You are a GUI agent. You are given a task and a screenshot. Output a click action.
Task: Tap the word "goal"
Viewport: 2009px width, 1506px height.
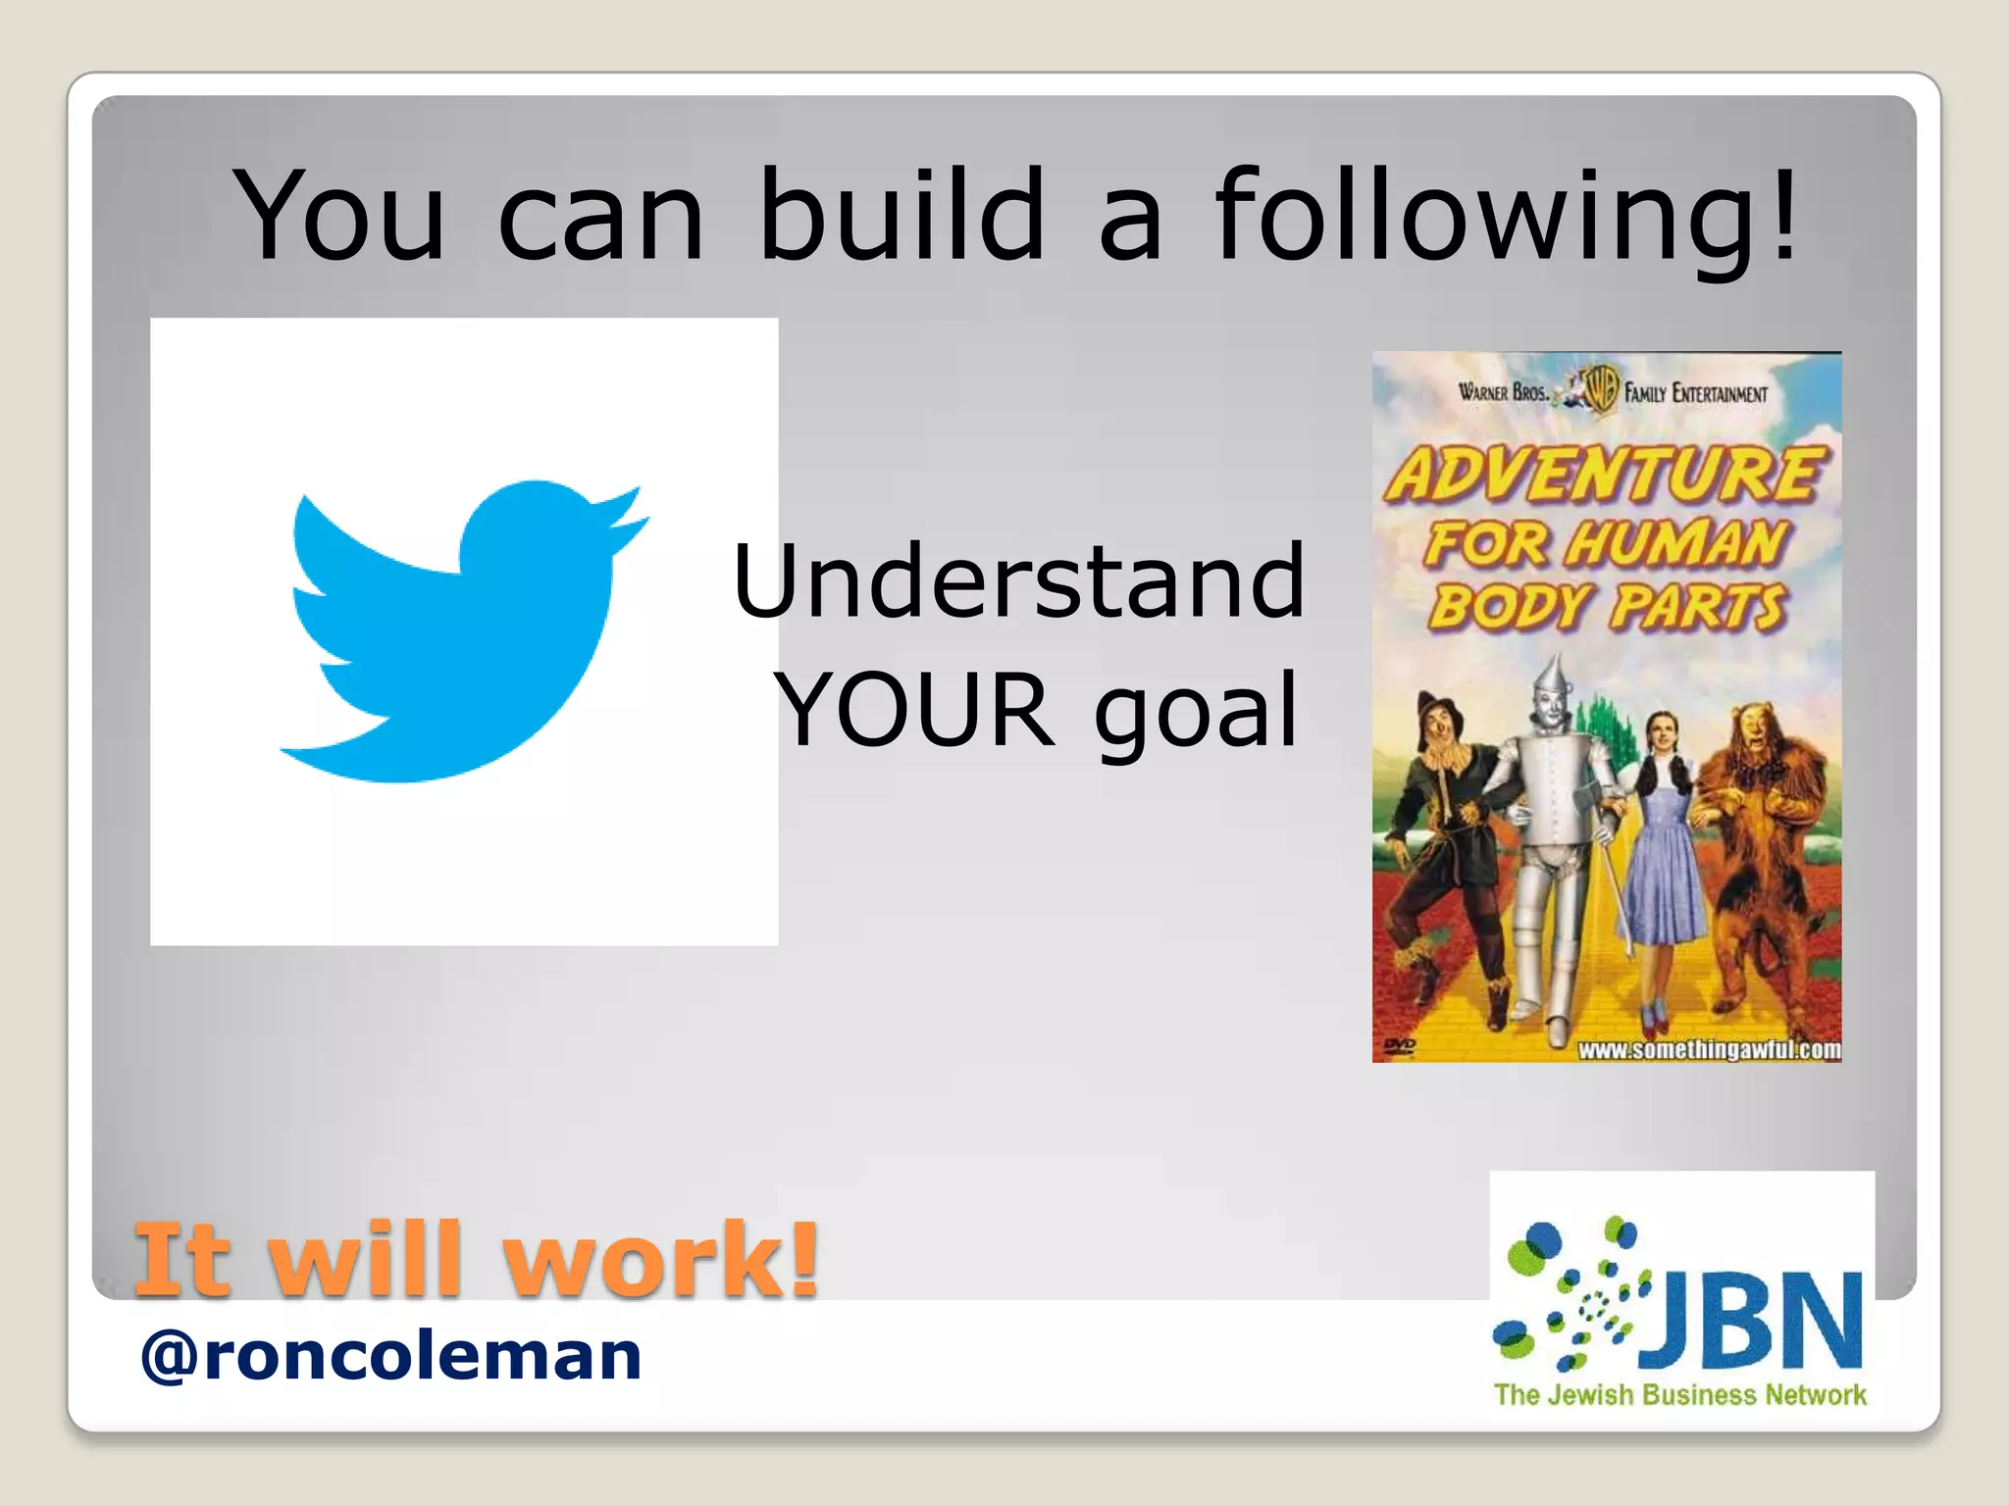point(1197,711)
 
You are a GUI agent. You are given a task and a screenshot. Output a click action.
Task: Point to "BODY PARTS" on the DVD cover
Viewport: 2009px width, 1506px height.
point(1606,606)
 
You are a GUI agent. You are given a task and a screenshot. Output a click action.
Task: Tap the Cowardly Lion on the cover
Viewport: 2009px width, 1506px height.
point(1761,843)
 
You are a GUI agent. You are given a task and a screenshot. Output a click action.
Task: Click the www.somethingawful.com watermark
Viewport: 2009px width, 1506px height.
point(1708,1050)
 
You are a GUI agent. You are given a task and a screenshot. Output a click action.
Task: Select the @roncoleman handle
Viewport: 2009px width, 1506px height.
point(390,1356)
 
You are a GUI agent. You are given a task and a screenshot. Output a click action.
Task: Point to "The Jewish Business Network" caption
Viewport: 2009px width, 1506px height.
point(1679,1395)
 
